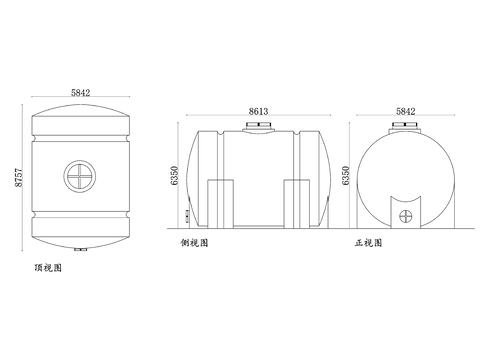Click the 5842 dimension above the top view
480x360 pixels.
[80, 92]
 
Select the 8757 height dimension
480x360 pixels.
[19, 177]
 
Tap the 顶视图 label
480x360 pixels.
[48, 268]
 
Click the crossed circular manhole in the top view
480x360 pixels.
[80, 176]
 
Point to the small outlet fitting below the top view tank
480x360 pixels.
[81, 249]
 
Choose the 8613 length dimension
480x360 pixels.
[258, 111]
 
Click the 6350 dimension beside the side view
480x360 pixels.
[174, 175]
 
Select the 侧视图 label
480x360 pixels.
[194, 243]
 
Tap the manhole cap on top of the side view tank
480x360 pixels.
[259, 127]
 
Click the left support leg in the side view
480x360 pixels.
[220, 204]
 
